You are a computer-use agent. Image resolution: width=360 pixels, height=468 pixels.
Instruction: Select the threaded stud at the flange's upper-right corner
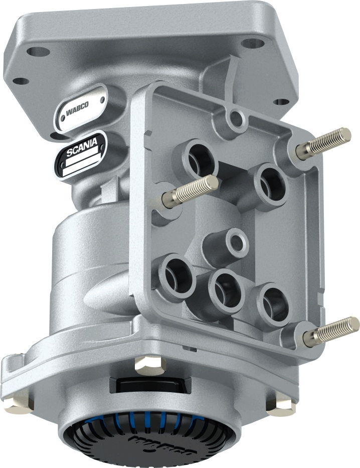click(x=323, y=143)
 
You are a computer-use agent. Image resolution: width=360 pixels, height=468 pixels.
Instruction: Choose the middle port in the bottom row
click(x=226, y=290)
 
